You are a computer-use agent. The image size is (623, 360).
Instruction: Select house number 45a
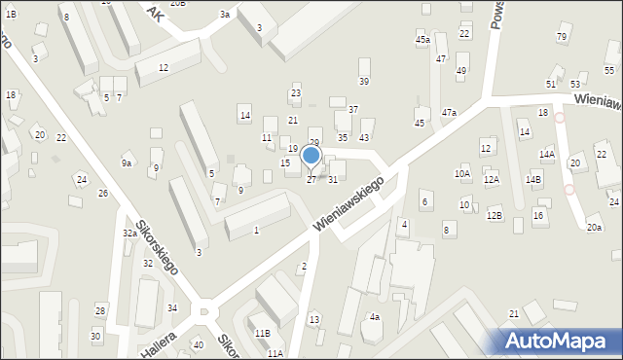(x=422, y=40)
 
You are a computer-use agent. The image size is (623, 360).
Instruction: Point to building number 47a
(x=449, y=113)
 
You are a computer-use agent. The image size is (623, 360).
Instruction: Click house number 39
(x=364, y=81)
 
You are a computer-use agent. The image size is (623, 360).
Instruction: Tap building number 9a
(x=127, y=163)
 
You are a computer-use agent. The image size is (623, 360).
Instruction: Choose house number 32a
(x=129, y=234)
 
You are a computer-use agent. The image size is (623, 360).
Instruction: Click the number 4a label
(x=375, y=317)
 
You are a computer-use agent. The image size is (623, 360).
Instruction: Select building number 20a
(x=594, y=227)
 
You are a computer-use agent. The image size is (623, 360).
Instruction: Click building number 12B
(x=495, y=215)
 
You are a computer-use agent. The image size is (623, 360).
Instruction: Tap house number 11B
(x=263, y=333)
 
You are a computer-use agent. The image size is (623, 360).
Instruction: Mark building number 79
(x=562, y=37)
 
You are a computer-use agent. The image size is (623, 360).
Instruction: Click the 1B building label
(x=10, y=15)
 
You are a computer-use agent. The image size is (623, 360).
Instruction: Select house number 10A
(x=462, y=173)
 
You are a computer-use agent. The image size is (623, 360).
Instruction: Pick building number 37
(x=353, y=109)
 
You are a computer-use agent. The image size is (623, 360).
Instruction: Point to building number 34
(x=172, y=307)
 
